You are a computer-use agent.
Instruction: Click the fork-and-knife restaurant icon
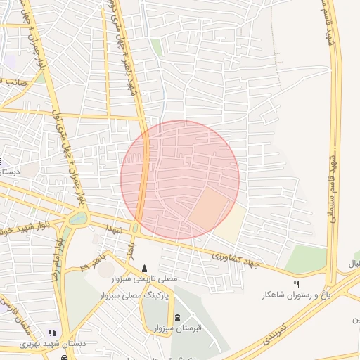[297, 283]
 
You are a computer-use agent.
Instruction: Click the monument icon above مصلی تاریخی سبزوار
[145, 267]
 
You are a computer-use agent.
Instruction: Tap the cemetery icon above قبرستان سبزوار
[176, 317]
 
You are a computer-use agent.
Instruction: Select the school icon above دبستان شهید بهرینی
[51, 333]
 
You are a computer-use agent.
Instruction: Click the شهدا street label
[115, 230]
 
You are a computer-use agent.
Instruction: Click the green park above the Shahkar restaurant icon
[306, 259]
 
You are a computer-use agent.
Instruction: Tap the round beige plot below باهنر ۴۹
[105, 269]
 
